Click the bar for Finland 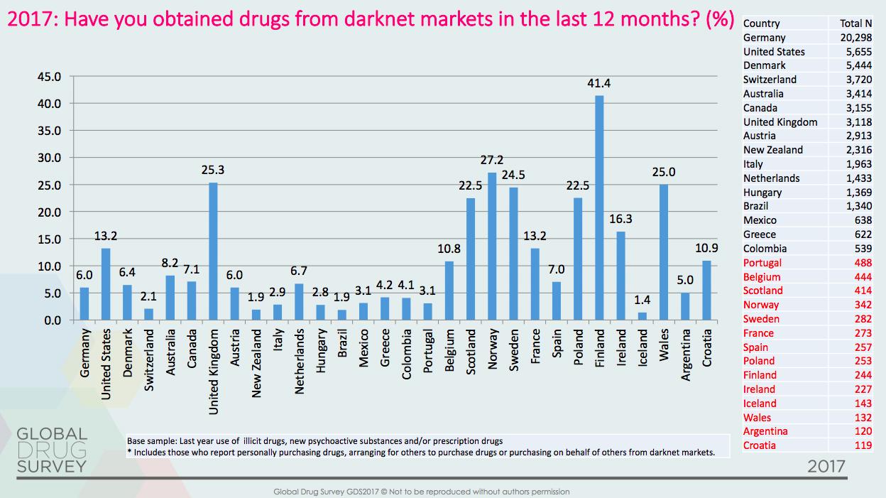(x=599, y=207)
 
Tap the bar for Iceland (x=642, y=316)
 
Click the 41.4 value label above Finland (x=599, y=83)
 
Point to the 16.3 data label (x=620, y=220)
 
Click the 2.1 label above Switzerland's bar (x=148, y=296)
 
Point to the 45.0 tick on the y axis (x=53, y=76)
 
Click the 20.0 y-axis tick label (x=53, y=212)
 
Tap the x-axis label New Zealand (x=256, y=355)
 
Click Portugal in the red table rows (x=762, y=263)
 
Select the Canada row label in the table (x=760, y=108)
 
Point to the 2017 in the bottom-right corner (x=826, y=467)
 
